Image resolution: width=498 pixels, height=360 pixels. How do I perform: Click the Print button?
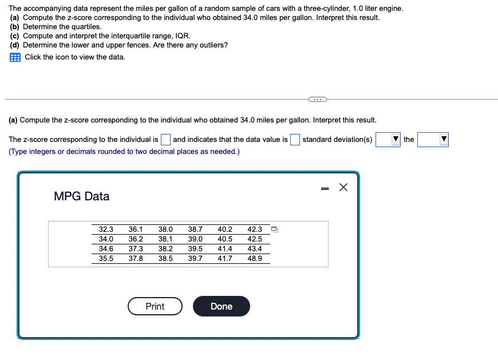[155, 306]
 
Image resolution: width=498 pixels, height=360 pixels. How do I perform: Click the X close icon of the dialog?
[343, 187]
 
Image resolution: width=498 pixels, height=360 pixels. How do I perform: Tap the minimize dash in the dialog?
[324, 187]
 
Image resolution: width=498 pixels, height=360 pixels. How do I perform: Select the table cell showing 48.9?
[255, 259]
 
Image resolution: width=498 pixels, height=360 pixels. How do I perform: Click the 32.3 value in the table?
[106, 230]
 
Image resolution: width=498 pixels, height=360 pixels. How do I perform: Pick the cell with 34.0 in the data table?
[106, 239]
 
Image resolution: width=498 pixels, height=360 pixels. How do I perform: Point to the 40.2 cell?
[225, 230]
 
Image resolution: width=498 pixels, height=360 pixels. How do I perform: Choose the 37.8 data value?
[136, 259]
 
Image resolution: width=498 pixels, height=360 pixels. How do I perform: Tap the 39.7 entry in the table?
[195, 259]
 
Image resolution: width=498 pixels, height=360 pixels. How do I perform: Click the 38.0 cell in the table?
[165, 230]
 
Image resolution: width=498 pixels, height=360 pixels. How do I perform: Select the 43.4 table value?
[255, 249]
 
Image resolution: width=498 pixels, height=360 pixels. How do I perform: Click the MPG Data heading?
[81, 196]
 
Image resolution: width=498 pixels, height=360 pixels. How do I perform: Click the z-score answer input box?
[165, 140]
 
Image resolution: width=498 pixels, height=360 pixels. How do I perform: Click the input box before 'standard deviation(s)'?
[295, 140]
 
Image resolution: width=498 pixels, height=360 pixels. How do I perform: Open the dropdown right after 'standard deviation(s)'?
[388, 140]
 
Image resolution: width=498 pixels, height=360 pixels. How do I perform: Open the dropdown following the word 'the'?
[432, 140]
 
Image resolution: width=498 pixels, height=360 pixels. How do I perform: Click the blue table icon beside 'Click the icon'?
[15, 57]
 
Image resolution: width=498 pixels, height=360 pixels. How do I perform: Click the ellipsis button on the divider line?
[316, 100]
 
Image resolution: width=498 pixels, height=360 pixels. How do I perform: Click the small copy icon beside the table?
[275, 230]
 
